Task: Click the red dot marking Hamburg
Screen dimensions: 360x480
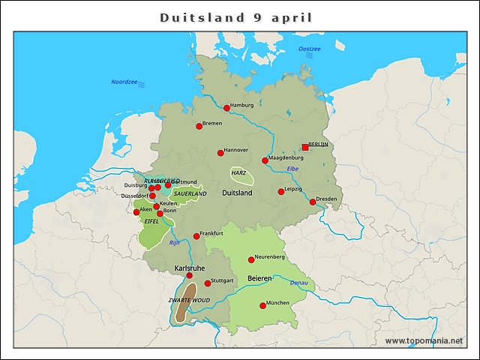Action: point(226,108)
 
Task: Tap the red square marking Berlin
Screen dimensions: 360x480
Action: point(304,147)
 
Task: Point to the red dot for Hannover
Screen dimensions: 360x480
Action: point(220,153)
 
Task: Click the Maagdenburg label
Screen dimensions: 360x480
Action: point(286,157)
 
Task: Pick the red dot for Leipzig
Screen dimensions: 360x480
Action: point(281,191)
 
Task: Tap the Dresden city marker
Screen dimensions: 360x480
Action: point(313,202)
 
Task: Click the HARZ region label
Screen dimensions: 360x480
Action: point(239,173)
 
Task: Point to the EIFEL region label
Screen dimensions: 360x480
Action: point(151,221)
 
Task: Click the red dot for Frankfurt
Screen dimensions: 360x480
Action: point(196,236)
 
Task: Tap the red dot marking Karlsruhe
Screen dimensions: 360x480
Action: point(190,276)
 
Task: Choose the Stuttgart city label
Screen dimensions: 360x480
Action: point(223,281)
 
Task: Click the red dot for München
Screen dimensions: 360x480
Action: point(262,305)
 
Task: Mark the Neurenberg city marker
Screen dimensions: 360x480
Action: point(251,259)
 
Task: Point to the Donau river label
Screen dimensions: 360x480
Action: point(298,282)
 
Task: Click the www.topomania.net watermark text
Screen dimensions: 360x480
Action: point(424,340)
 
